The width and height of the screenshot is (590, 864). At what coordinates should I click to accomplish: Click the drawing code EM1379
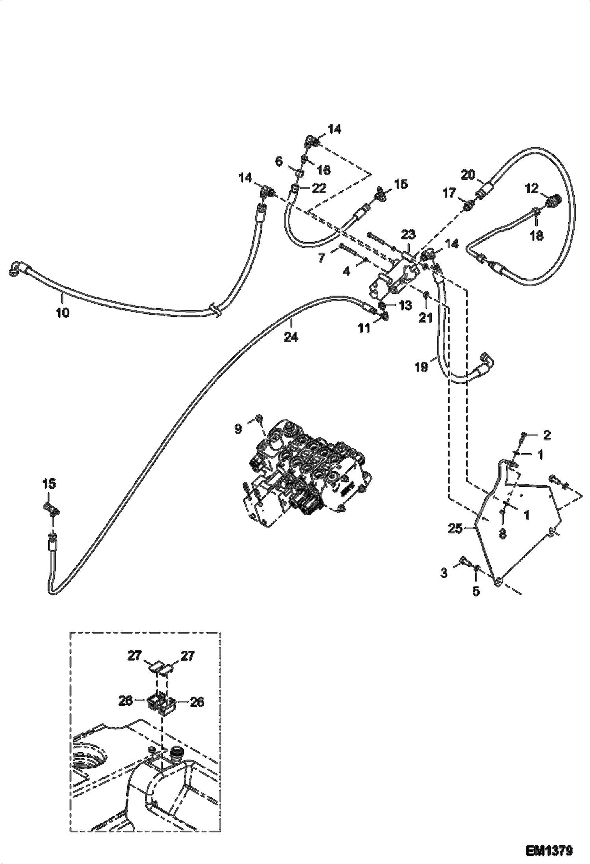pos(549,850)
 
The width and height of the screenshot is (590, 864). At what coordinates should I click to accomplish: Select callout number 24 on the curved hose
pos(291,337)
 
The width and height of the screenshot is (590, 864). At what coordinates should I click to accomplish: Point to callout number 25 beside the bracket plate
pos(455,528)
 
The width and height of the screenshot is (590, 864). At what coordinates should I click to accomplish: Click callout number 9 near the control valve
pos(238,429)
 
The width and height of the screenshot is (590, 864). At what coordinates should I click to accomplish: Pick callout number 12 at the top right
pos(531,189)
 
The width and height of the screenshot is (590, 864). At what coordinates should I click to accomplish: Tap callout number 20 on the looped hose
pos(468,174)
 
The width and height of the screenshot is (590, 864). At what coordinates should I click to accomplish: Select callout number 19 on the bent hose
pos(421,367)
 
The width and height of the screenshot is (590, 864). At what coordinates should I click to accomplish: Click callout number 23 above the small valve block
pos(408,235)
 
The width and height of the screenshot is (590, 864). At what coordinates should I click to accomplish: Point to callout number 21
pos(425,317)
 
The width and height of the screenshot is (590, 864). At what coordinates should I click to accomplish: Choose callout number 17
pos(449,193)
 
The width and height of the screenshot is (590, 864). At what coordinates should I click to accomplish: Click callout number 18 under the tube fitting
pos(536,235)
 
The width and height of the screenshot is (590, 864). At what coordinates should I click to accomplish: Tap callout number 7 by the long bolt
pos(322,258)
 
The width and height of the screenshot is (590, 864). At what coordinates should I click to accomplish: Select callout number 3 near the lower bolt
pos(444,573)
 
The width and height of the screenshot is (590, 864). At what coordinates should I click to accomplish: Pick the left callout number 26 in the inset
pos(125,701)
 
